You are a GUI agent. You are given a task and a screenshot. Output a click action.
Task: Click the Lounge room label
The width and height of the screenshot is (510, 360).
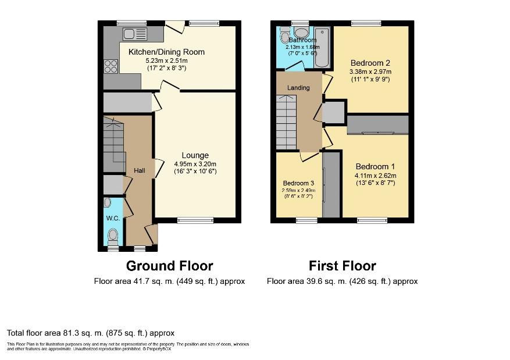click(x=195, y=155)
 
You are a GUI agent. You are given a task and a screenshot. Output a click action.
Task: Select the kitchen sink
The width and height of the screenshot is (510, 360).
click(x=134, y=34)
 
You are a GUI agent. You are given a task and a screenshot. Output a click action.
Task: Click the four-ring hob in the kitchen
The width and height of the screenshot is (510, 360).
click(x=110, y=66)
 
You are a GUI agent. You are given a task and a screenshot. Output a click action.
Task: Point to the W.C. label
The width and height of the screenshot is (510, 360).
click(x=112, y=218)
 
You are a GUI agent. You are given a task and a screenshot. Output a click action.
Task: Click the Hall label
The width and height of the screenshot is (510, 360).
click(x=140, y=170)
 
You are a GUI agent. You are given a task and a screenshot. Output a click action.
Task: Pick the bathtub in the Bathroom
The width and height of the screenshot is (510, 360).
click(x=322, y=47)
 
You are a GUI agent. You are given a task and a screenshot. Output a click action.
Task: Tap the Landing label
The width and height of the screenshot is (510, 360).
click(x=298, y=88)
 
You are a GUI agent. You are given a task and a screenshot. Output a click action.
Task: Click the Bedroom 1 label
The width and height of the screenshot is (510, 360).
click(x=375, y=165)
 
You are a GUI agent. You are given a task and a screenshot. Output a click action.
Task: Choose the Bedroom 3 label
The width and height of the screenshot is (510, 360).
click(x=298, y=183)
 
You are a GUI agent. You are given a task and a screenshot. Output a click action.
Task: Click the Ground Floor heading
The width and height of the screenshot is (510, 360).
click(x=169, y=266)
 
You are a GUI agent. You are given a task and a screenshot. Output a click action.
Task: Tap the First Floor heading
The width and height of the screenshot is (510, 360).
click(x=342, y=266)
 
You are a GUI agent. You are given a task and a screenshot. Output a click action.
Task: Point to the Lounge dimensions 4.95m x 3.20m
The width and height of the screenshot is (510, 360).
click(x=195, y=163)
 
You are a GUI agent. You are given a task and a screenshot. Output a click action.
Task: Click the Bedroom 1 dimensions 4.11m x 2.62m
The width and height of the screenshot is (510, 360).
click(x=375, y=176)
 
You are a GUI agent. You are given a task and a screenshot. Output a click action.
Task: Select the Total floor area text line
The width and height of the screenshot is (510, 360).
click(x=91, y=333)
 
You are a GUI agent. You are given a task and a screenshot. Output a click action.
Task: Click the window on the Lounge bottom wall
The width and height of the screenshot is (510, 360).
click(x=195, y=220)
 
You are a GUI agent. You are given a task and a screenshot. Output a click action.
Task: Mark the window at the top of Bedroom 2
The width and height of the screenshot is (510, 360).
click(x=366, y=23)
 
